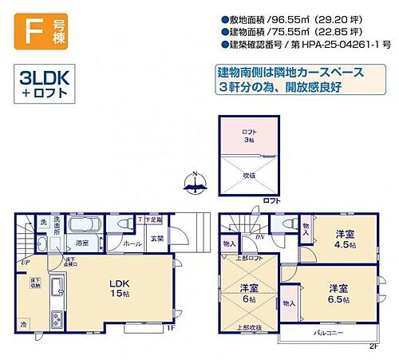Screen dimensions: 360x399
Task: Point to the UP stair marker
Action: [x=26, y=262]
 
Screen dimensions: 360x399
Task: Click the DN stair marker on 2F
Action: [x=259, y=238]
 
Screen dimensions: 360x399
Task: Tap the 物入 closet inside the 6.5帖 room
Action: [x=289, y=303]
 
